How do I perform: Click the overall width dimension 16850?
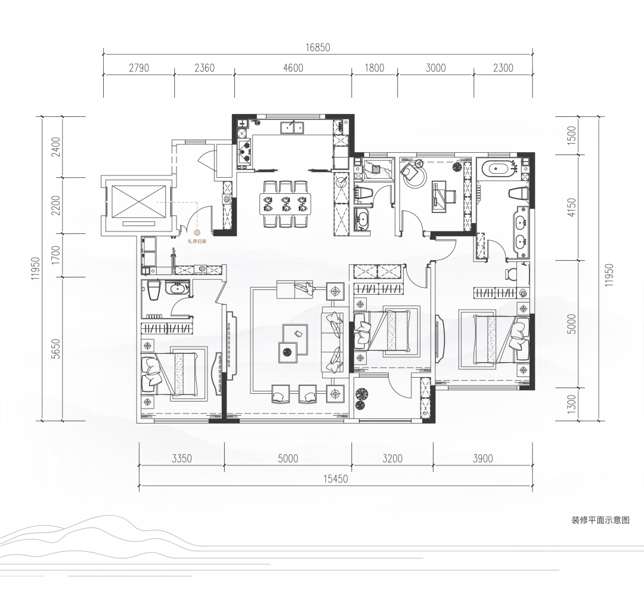[317, 48]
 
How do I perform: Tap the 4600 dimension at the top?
[293, 68]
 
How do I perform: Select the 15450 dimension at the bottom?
[336, 479]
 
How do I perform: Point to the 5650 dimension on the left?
[56, 348]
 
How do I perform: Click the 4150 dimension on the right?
[571, 208]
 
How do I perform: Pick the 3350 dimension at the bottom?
[181, 458]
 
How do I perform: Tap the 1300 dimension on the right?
[571, 404]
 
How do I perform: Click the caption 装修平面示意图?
[600, 520]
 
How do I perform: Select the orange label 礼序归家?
[197, 242]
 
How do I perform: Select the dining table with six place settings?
[286, 203]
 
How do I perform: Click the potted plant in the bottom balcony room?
[361, 399]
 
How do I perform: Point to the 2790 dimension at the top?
[139, 68]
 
